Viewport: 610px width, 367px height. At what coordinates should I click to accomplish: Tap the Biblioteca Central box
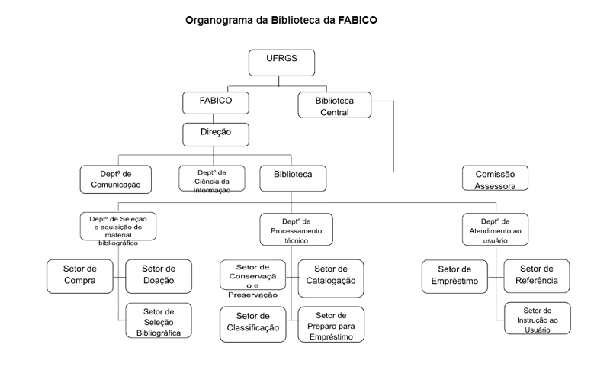(334, 105)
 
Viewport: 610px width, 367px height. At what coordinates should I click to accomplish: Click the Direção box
(217, 133)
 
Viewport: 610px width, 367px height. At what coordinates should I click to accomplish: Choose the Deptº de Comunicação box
(114, 179)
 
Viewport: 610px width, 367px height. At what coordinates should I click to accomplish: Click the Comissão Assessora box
(495, 179)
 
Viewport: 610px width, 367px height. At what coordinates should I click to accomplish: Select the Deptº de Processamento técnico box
(296, 229)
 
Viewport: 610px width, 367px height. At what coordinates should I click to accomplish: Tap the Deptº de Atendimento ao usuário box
(495, 229)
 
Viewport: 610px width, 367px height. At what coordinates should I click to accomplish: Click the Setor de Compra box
(80, 275)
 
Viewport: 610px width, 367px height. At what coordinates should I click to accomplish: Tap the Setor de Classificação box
(252, 322)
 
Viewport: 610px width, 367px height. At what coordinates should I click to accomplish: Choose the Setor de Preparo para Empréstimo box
(331, 325)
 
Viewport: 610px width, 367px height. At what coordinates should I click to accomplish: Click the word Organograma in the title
(218, 20)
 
